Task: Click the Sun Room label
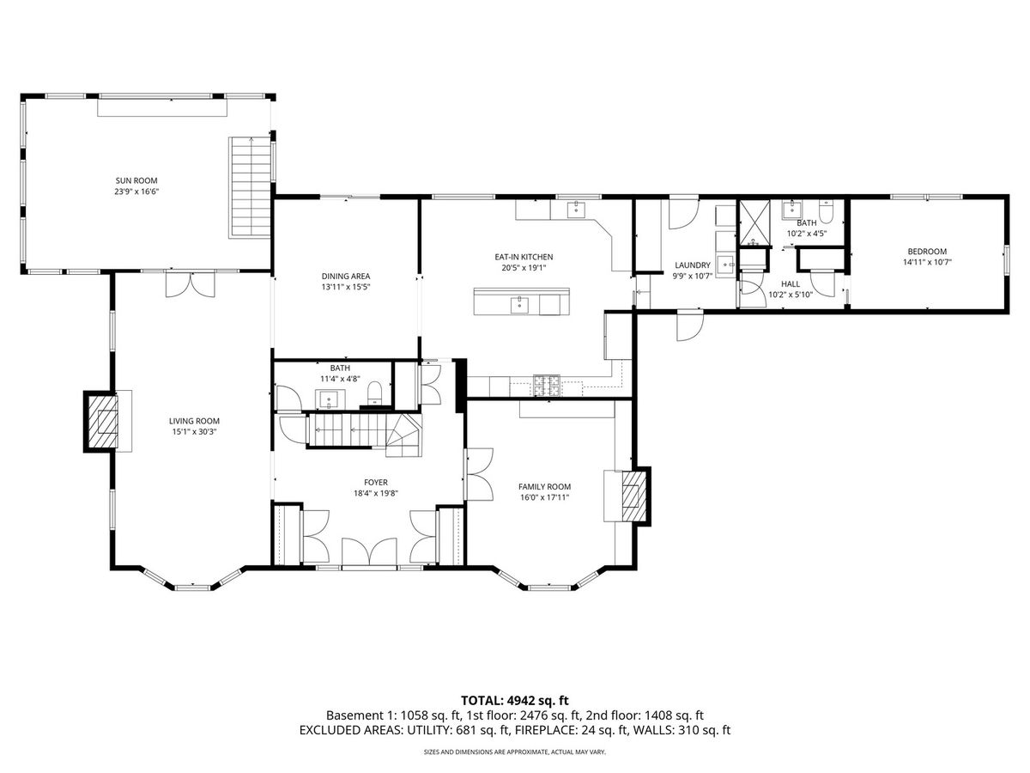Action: point(136,180)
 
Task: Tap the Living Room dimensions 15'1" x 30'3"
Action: point(194,432)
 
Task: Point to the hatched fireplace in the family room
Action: point(634,496)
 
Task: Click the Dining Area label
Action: point(346,277)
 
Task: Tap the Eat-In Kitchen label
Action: point(524,257)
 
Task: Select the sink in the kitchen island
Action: point(519,304)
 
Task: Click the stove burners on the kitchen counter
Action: point(547,386)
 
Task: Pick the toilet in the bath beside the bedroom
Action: point(826,210)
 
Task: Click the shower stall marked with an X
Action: point(754,223)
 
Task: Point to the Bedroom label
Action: point(927,251)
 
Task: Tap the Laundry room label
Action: point(693,265)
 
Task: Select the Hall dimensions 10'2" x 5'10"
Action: point(791,295)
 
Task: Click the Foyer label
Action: point(376,482)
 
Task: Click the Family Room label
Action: point(544,487)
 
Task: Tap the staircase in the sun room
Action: point(250,188)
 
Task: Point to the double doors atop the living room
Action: point(191,285)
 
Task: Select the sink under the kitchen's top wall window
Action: point(576,210)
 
